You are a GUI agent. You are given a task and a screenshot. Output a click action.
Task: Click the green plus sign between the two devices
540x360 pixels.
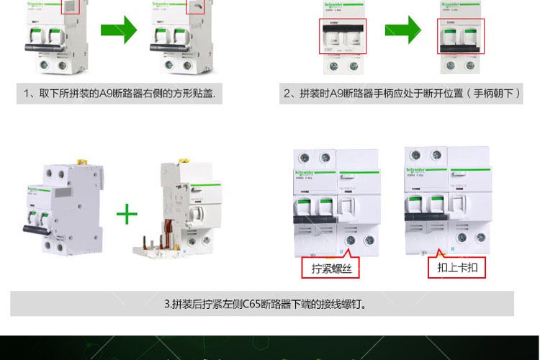click(127, 214)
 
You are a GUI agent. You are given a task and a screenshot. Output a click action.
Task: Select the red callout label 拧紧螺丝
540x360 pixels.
click(330, 269)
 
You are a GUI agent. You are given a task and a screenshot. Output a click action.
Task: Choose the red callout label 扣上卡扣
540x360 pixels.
click(457, 268)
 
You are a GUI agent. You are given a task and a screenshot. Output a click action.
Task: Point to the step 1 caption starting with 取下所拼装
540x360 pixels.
click(120, 94)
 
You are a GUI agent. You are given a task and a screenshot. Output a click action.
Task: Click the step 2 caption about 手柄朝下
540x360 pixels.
click(402, 94)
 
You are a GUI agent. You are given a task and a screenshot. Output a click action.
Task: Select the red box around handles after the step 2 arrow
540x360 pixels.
click(461, 37)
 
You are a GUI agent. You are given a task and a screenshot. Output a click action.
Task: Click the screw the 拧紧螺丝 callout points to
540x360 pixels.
click(351, 240)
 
